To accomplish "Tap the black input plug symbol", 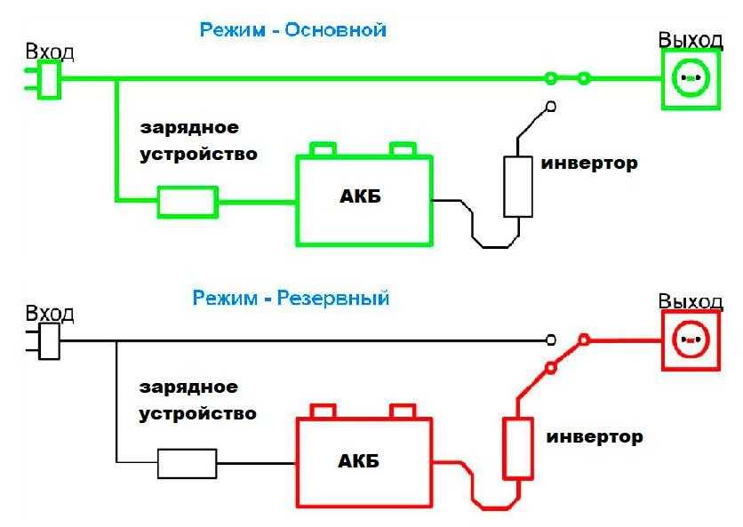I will click(48, 340).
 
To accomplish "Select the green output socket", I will click(689, 79).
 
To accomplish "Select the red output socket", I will click(689, 341).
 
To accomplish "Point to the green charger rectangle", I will click(188, 202).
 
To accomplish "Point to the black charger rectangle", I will click(187, 463).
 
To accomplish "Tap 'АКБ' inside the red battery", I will click(360, 460).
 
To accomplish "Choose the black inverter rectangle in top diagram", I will click(517, 187).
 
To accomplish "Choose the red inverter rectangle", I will click(517, 449).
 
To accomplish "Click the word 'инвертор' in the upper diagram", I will click(588, 164).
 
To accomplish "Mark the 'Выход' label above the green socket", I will click(690, 40).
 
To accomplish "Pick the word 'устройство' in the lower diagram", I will click(198, 413).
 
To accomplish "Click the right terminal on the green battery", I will click(403, 148).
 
